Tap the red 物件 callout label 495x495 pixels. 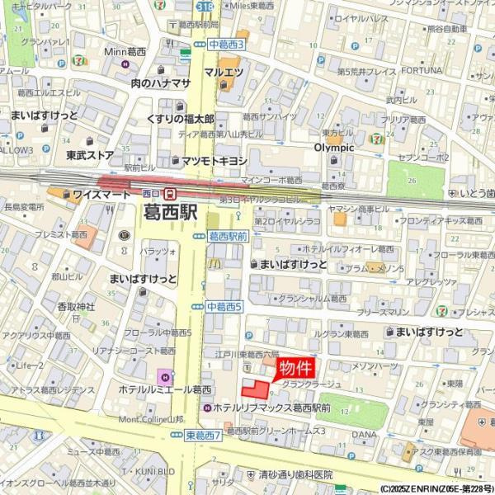[x=295, y=368]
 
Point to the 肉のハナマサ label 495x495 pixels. [x=161, y=83]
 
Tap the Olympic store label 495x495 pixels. [x=333, y=148]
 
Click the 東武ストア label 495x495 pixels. [x=90, y=154]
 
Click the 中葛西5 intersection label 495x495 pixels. [x=224, y=307]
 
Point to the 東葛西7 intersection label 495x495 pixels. [x=203, y=435]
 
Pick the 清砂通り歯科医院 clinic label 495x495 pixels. [x=295, y=474]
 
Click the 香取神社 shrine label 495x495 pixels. [x=76, y=307]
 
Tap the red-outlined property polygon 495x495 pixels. [x=256, y=389]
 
